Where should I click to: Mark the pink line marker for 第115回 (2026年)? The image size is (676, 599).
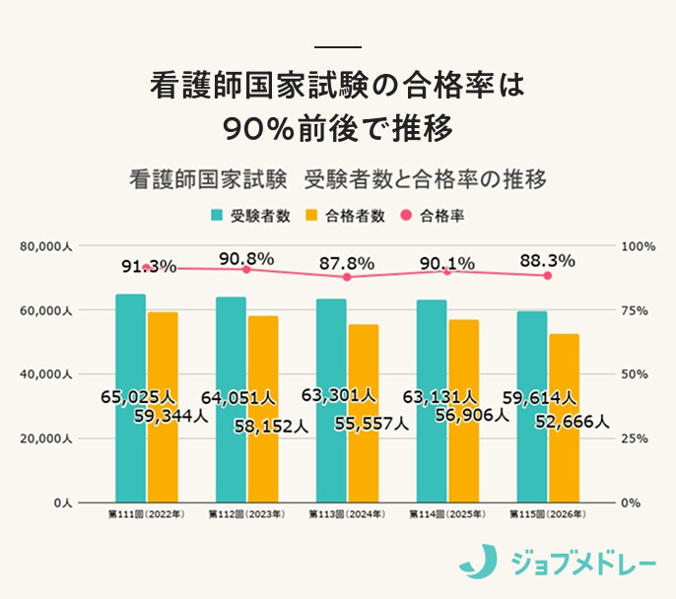[548, 276]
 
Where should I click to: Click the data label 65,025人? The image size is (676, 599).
[138, 397]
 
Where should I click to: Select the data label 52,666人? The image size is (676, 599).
[573, 422]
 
